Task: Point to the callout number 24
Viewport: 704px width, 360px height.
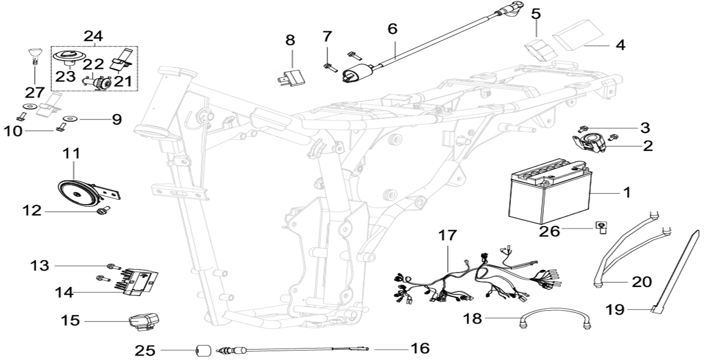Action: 93,37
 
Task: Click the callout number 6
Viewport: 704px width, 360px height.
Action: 393,29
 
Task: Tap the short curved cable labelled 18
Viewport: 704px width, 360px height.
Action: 554,320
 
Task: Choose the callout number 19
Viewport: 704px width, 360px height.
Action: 615,310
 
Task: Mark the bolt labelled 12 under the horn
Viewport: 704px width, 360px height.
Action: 102,210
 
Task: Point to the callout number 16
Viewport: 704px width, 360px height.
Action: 420,349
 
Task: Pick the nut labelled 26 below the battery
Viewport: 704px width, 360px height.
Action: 601,227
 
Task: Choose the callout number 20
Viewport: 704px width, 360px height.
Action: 642,282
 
